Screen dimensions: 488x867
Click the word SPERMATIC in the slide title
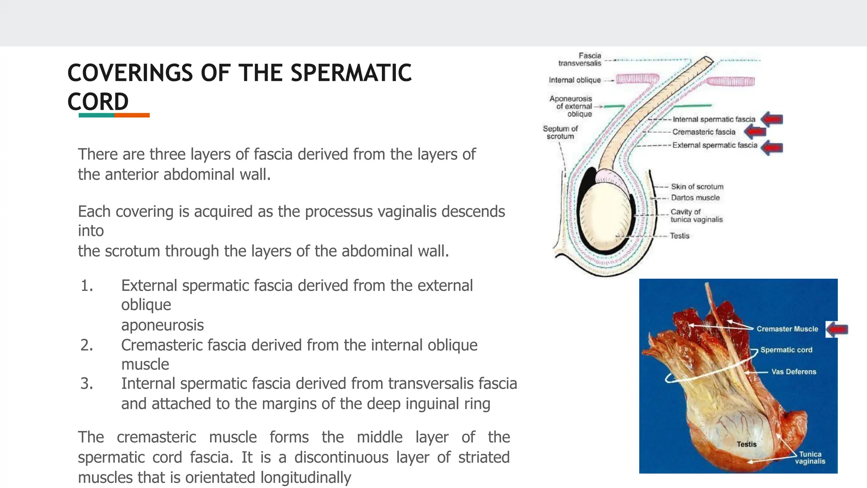click(x=351, y=73)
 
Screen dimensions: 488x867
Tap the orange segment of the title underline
click(x=132, y=115)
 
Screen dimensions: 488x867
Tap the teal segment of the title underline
click(x=97, y=115)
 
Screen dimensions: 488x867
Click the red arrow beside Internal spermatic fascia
click(x=772, y=119)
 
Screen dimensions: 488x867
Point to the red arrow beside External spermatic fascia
click(x=772, y=147)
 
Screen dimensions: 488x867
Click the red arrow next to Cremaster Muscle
click(x=837, y=329)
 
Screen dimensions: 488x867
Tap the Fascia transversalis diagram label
click(x=580, y=59)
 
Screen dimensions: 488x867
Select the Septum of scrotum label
click(x=560, y=132)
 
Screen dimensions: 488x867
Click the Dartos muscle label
click(x=695, y=197)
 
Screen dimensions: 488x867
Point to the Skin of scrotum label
click(x=697, y=186)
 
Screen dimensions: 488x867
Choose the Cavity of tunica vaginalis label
click(x=696, y=215)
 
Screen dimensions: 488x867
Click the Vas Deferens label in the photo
click(x=793, y=372)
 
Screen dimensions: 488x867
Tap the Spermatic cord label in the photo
click(x=786, y=350)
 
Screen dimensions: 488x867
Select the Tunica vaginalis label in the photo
click(x=810, y=457)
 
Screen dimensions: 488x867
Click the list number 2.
click(x=87, y=345)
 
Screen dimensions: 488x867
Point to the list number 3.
click(x=87, y=383)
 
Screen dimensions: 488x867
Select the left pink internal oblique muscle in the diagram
click(x=637, y=79)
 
